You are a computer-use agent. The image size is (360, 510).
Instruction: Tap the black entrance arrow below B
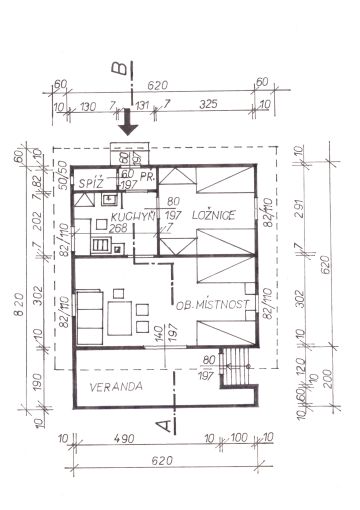[x=127, y=126]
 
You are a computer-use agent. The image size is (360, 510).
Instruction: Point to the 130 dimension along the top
[x=89, y=103]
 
